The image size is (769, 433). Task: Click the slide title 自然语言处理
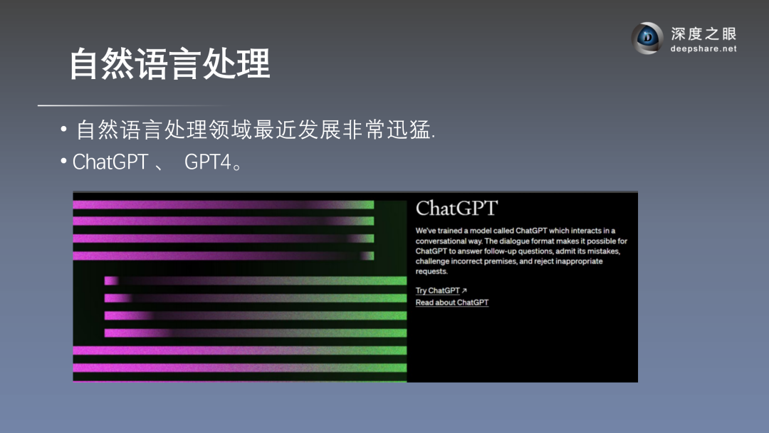coord(169,64)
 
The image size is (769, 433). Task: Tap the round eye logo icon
coord(647,38)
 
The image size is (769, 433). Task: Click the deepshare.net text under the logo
coord(703,48)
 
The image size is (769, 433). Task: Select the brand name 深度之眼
coord(703,33)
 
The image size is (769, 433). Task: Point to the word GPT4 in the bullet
coord(207,162)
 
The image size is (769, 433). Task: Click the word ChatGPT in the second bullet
coord(110,162)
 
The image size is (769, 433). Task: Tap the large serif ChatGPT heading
coord(456,208)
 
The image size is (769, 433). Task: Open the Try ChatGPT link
coord(437,291)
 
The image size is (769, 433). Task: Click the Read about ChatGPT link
coord(452,303)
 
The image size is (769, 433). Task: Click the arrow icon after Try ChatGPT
coord(464,291)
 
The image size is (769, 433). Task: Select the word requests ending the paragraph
coord(431,271)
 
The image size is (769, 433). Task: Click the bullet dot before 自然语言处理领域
coord(64,129)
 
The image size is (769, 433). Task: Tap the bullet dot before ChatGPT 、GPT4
coord(64,161)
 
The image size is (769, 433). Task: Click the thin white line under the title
coord(132,105)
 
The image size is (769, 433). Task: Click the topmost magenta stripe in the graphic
coord(223,204)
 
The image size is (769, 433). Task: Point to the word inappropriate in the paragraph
coord(579,261)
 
